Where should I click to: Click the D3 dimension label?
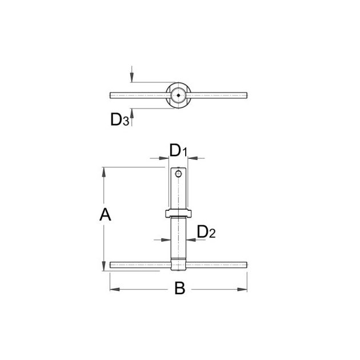119,119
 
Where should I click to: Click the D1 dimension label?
178,150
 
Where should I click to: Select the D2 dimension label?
206,232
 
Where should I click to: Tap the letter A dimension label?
105,214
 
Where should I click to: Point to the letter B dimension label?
180,288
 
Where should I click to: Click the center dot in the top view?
178,95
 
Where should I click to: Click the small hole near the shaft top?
178,174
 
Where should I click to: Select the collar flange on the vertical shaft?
178,214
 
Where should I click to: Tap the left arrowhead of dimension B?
115,289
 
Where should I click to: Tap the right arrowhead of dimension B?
242,289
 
